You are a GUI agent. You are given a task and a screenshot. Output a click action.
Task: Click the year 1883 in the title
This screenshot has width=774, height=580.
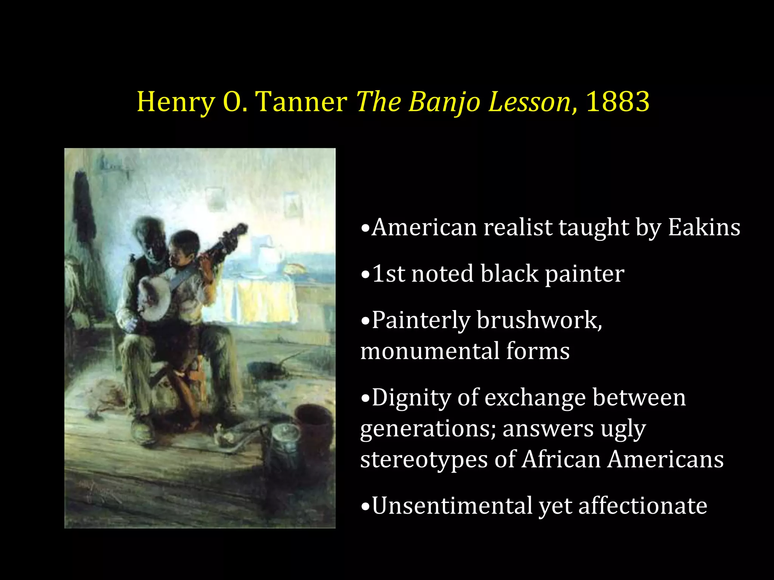618,102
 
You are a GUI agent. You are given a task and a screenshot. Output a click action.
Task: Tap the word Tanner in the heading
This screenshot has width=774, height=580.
301,102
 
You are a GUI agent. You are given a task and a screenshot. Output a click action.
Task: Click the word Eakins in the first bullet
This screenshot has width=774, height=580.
704,228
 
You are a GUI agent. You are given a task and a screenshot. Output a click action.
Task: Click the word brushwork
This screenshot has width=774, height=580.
539,321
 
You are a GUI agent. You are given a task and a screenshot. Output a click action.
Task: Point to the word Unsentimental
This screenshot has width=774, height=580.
452,506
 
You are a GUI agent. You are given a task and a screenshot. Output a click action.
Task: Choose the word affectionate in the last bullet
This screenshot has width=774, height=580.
642,506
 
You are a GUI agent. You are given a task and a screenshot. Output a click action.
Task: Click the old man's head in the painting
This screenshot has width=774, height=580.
148,235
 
